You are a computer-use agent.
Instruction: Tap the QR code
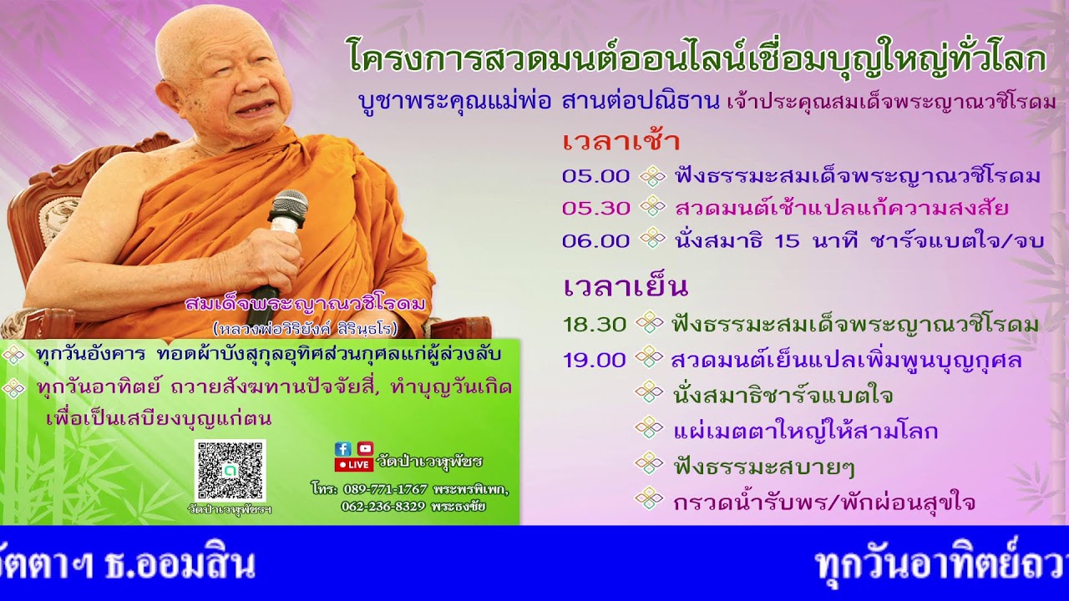(230, 470)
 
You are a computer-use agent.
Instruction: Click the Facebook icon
(342, 449)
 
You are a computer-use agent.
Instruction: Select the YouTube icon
(365, 449)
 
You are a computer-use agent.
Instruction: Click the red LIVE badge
(353, 465)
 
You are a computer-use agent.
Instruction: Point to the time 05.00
(595, 176)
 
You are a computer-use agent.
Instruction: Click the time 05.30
(595, 208)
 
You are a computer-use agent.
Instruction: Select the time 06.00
(595, 240)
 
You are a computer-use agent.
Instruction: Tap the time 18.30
(595, 324)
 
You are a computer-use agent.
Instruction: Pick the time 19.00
(594, 360)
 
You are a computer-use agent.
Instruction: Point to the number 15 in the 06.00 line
(787, 240)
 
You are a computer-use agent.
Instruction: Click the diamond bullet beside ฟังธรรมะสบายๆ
(649, 463)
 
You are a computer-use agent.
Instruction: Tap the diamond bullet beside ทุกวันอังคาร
(14, 355)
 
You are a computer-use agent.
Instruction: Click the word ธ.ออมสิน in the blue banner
(179, 565)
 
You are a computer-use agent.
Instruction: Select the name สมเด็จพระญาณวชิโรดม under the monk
(306, 304)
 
